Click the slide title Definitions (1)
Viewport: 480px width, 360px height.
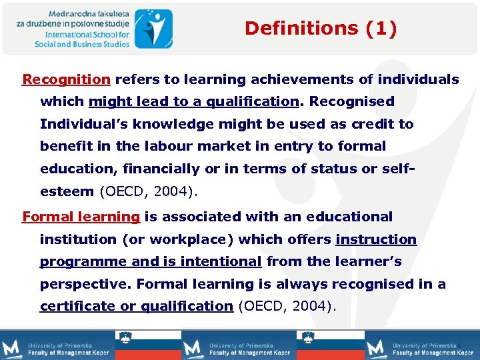[321, 28]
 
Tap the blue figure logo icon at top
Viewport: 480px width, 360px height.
[153, 28]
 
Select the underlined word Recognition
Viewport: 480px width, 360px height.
[66, 80]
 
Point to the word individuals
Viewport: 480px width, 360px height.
[418, 80]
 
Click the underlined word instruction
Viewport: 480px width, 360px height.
[376, 239]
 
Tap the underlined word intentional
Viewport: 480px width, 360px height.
[215, 262]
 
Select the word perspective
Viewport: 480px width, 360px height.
[83, 284]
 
